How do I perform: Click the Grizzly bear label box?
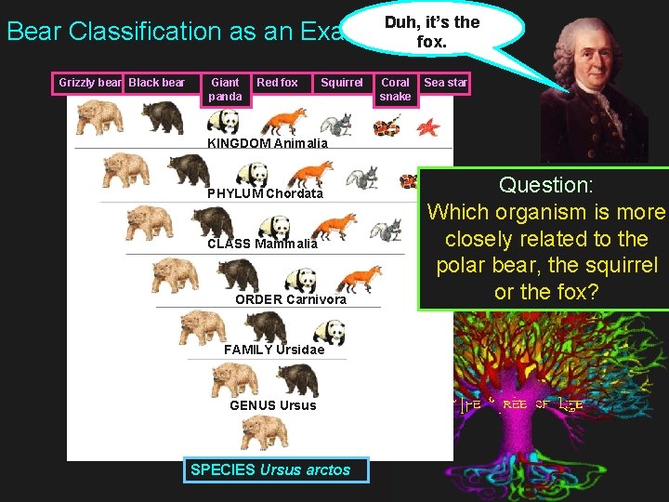[x=89, y=83]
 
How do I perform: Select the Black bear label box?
[x=157, y=83]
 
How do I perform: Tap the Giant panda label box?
[x=225, y=89]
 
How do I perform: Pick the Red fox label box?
[x=277, y=83]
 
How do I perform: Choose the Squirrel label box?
[x=341, y=83]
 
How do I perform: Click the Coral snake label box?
[x=395, y=89]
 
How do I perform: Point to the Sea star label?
[x=445, y=83]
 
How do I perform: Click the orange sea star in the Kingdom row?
[x=428, y=125]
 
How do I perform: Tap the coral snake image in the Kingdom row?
[x=387, y=125]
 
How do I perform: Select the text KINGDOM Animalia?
[x=267, y=143]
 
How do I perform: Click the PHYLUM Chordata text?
[x=265, y=193]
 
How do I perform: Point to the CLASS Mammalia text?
[x=262, y=244]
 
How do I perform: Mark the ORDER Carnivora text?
[x=290, y=299]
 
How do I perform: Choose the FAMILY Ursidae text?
[x=274, y=350]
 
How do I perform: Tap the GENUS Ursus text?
[x=272, y=405]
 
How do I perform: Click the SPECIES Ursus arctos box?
[x=270, y=469]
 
